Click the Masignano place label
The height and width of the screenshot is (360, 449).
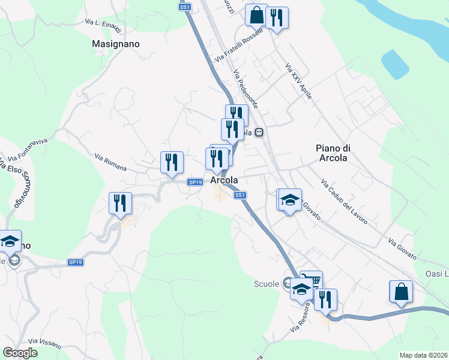(x=116, y=44)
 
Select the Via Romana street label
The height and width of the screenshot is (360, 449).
(x=110, y=162)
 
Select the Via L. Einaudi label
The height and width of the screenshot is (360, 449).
(x=103, y=26)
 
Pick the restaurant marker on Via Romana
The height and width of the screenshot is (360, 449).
(x=172, y=162)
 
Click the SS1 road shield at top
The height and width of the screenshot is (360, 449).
(x=185, y=7)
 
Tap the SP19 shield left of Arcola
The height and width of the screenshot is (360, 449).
(x=194, y=182)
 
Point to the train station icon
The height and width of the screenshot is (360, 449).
(x=259, y=133)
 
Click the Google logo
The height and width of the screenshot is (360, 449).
(x=20, y=353)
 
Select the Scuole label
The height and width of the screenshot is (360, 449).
(x=267, y=284)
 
